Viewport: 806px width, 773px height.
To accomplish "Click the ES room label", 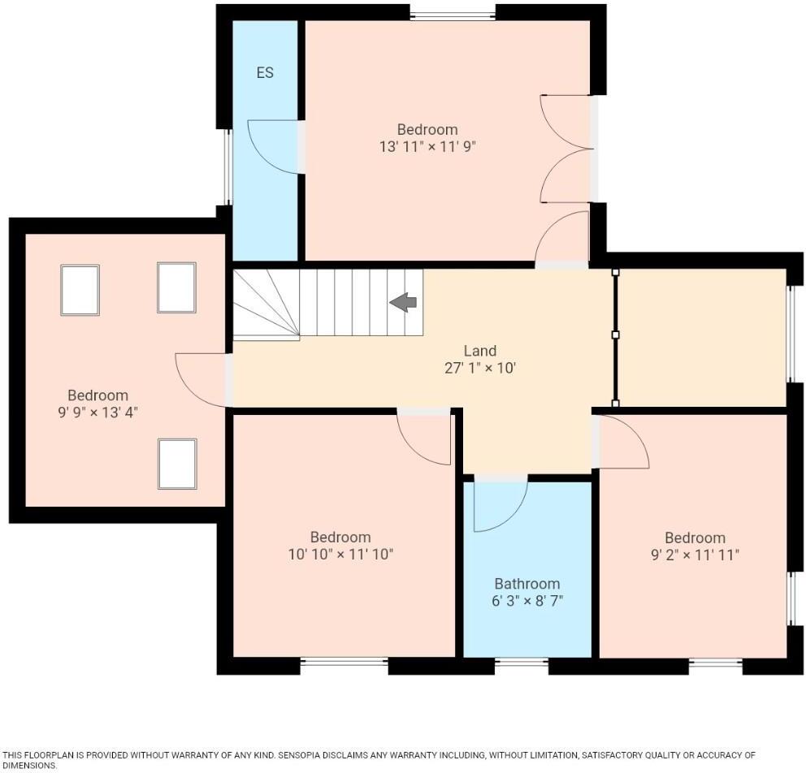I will [x=265, y=73].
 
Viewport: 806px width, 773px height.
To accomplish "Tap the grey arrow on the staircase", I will [x=404, y=303].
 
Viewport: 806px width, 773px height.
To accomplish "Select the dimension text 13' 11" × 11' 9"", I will [x=427, y=147].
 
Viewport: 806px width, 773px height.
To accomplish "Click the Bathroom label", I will [x=527, y=584].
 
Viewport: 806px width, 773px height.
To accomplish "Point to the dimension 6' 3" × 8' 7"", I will [x=527, y=602].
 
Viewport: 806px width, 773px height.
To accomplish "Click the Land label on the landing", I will [x=479, y=351].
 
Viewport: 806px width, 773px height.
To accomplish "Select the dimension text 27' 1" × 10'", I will [x=479, y=368].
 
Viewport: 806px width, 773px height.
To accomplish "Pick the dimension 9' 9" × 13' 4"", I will [x=97, y=412].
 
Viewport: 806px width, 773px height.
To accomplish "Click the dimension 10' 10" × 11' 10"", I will [x=340, y=555].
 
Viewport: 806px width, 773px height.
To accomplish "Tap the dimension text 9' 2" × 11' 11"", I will [x=695, y=555].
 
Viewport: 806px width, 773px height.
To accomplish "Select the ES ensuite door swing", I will [x=274, y=147].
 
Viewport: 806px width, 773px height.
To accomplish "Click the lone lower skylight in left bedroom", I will [x=177, y=464].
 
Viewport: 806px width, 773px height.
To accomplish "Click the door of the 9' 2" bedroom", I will [x=622, y=442].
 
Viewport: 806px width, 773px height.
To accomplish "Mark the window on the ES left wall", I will [x=228, y=166].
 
